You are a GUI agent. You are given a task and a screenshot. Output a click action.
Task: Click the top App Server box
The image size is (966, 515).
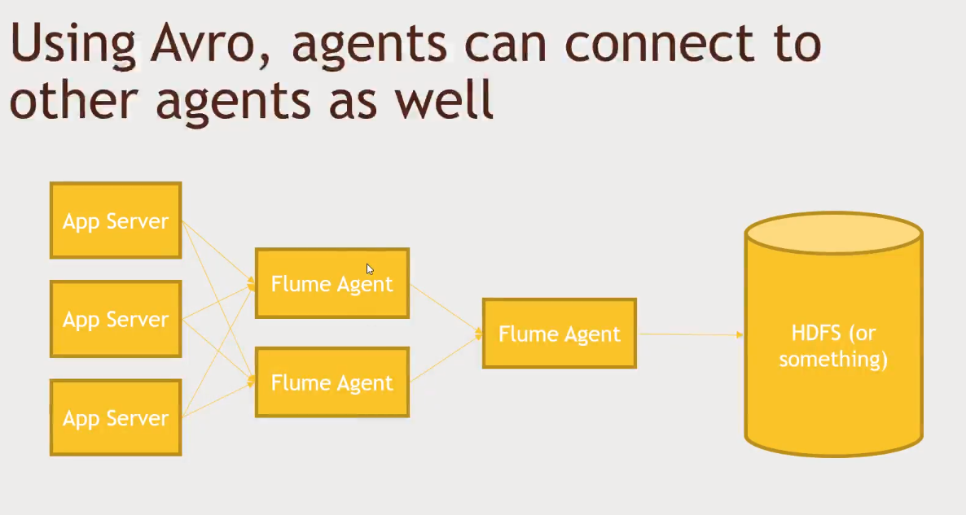[116, 220]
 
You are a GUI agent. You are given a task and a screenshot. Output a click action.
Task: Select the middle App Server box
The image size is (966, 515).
[116, 319]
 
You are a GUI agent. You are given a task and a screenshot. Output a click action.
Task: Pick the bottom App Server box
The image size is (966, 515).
[116, 417]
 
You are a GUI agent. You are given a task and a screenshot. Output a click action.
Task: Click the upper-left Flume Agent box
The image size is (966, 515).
[332, 284]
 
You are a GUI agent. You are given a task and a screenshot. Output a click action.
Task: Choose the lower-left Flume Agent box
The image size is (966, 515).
[332, 382]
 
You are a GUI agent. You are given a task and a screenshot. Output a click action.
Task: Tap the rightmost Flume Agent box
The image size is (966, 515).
[559, 334]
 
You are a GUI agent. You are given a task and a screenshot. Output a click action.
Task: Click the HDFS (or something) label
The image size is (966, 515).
[833, 346]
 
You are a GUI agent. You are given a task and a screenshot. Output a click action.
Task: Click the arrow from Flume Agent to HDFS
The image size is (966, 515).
[688, 334]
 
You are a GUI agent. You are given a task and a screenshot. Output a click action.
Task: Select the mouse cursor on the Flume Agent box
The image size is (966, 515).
[369, 268]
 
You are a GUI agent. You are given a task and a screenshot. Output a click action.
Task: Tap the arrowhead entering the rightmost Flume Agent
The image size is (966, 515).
[478, 333]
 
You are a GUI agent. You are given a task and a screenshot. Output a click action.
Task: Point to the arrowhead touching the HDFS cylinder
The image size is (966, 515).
[740, 334]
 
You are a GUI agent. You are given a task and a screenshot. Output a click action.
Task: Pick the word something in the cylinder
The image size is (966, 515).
[833, 359]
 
